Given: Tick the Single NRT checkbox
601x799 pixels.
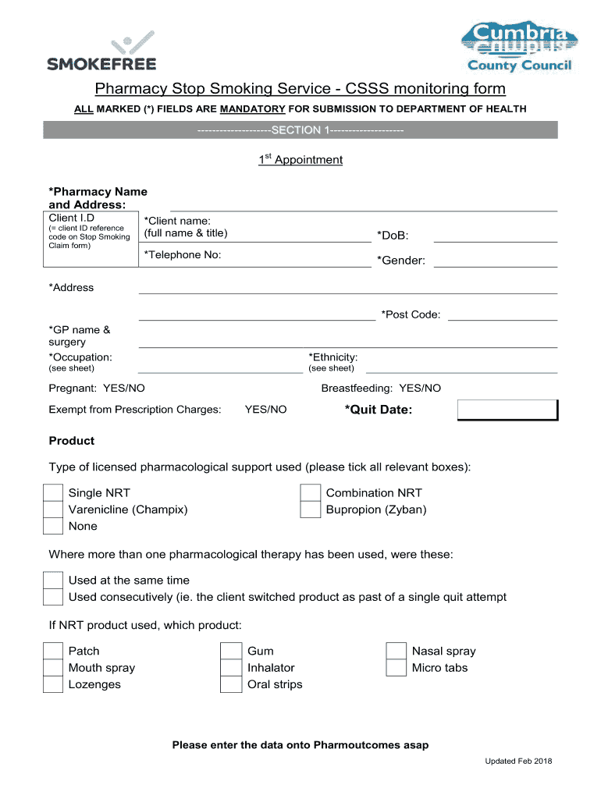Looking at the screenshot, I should [x=52, y=493].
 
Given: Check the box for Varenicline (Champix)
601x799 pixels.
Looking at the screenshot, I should [x=52, y=510].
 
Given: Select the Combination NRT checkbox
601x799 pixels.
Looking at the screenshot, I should [x=311, y=493].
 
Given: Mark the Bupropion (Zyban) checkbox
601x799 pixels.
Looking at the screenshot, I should [x=311, y=510].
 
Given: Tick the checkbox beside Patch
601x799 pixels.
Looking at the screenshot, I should [x=52, y=652].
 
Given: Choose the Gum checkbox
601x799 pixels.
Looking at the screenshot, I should [x=231, y=652].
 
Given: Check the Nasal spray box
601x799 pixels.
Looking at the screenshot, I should [x=397, y=652].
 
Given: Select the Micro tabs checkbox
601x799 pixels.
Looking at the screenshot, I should [x=397, y=668].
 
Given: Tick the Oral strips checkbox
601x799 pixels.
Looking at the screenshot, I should [x=231, y=685].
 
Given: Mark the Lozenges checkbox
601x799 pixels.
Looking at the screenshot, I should [x=52, y=685].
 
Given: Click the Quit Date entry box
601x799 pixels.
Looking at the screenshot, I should [x=507, y=410].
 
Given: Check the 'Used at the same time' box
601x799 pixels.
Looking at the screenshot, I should [x=52, y=581].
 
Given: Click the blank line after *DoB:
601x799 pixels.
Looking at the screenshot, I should [x=495, y=236].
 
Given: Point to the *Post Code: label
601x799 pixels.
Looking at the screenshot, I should [x=411, y=314].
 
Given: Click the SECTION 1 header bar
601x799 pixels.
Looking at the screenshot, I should [x=300, y=130].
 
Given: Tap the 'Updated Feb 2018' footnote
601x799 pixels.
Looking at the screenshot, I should [x=518, y=762].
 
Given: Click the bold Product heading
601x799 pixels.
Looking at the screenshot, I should [x=72, y=441].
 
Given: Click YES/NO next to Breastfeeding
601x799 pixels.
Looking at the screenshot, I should [x=420, y=388].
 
